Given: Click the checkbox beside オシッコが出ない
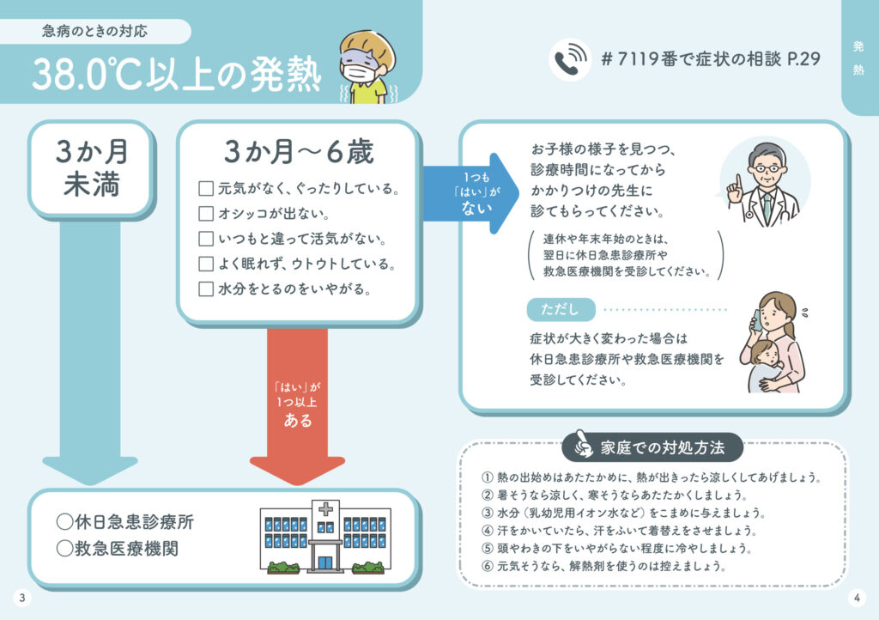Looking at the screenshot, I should click(206, 213).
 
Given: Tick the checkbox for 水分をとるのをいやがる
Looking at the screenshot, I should click(206, 289).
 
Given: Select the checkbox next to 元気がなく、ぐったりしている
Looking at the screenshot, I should click(206, 188).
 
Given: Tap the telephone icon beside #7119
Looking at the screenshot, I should click(569, 60).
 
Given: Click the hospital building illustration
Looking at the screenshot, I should click(325, 537).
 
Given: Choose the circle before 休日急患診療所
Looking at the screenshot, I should click(64, 521).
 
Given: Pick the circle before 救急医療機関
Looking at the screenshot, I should click(64, 548).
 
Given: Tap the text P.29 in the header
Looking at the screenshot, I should click(803, 59).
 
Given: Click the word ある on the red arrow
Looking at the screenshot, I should click(298, 422).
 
